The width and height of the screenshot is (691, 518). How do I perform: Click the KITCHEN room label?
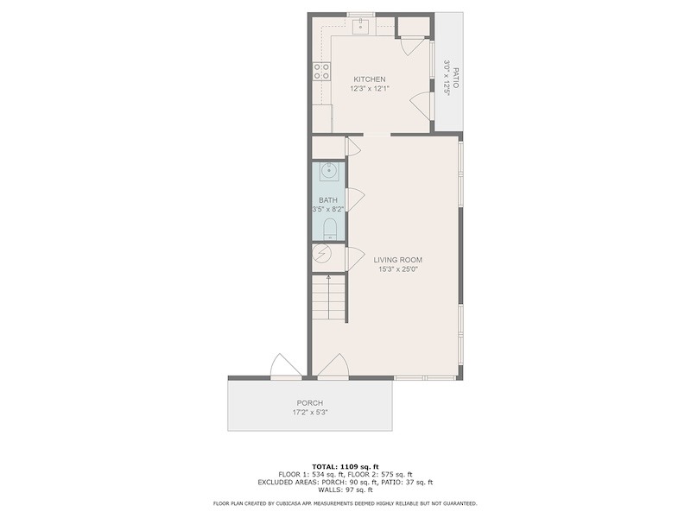point(370,79)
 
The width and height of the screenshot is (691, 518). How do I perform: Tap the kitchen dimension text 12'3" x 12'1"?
point(370,89)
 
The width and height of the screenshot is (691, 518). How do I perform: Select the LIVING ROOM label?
point(398,260)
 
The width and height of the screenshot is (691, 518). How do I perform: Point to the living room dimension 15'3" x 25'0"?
point(398,269)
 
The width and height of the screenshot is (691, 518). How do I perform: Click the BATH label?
point(328,200)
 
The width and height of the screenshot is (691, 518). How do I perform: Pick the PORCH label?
point(310,403)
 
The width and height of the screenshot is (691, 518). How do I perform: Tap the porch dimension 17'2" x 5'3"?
point(310,413)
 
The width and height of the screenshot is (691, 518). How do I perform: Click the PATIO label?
point(456,78)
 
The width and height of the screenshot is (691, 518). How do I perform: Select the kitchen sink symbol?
point(360,25)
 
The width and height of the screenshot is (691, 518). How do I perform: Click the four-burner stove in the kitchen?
point(321,72)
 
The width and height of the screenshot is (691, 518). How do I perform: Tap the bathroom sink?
point(329,171)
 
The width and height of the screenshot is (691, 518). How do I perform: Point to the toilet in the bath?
point(330,230)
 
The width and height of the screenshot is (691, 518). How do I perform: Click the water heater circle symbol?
point(320,254)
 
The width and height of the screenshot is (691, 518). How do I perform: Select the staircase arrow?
point(329,298)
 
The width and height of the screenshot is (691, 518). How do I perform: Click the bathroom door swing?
point(355,199)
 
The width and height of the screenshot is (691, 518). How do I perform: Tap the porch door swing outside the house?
point(286,365)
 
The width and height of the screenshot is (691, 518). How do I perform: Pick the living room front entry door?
point(333,365)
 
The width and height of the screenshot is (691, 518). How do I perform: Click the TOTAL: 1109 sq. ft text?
point(345,467)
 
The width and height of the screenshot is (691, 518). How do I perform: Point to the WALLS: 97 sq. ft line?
point(345,490)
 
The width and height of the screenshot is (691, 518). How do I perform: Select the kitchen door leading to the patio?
point(421,105)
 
